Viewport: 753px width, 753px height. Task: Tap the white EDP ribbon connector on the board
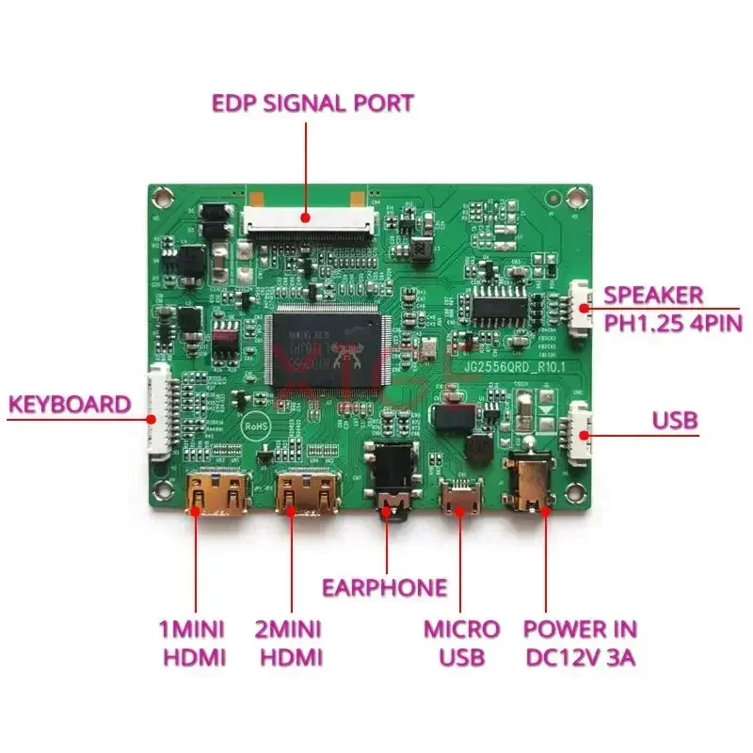point(308,221)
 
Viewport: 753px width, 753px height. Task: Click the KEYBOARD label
point(70,406)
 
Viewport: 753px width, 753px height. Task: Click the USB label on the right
point(675,420)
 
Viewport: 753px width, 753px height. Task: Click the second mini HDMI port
point(305,492)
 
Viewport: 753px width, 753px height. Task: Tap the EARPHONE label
point(384,588)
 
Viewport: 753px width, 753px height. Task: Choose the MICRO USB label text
point(461,642)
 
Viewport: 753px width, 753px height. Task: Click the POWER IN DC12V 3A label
point(580,642)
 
